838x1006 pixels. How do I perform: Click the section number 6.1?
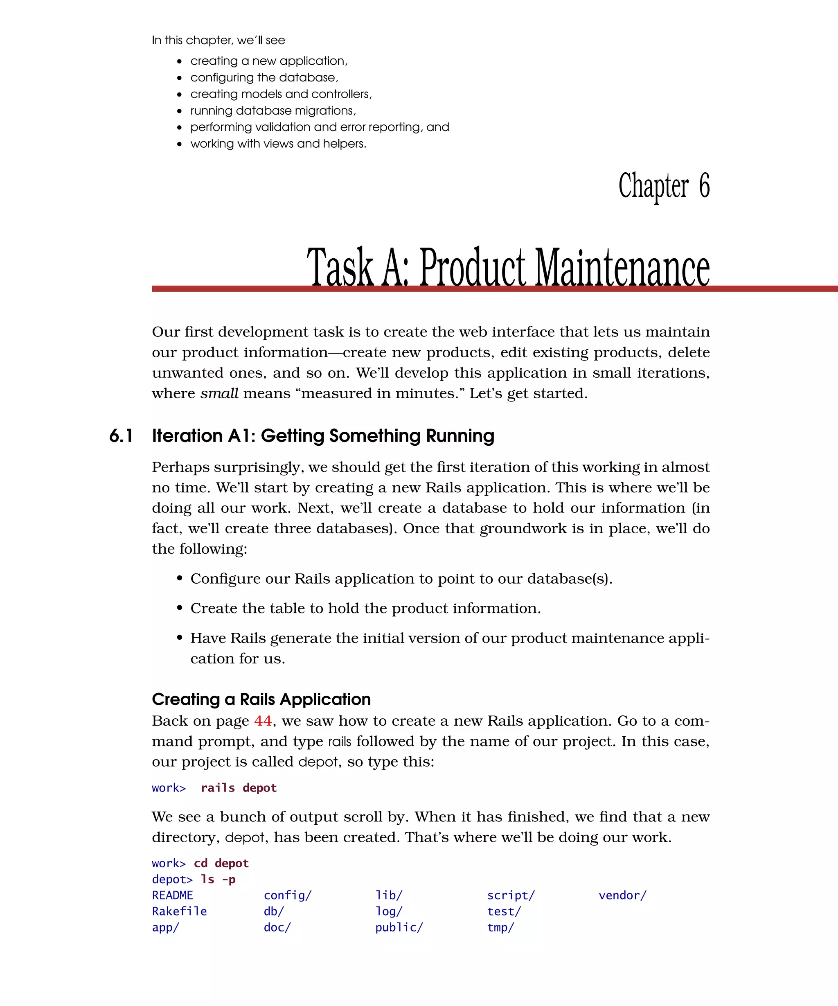click(121, 436)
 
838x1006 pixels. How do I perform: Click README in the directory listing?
click(172, 895)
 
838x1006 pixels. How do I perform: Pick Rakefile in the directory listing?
click(179, 911)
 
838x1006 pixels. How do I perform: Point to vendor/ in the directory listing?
click(622, 895)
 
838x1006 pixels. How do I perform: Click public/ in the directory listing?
click(399, 927)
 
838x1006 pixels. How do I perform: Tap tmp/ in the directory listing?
click(500, 927)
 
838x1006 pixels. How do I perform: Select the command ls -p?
click(218, 879)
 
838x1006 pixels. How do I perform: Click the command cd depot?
click(221, 863)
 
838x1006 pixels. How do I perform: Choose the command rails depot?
click(239, 788)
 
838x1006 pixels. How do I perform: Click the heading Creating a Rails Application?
click(261, 699)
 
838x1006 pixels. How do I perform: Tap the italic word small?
click(219, 393)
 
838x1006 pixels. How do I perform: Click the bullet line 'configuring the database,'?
click(264, 78)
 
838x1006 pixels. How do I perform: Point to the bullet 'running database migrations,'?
click(273, 111)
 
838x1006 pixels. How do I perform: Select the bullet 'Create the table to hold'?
click(365, 609)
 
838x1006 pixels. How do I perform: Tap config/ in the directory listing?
click(287, 895)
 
